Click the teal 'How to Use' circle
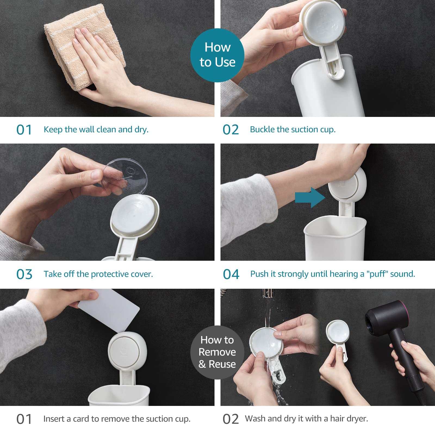pyautogui.click(x=217, y=55)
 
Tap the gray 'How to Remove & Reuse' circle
pyautogui.click(x=217, y=352)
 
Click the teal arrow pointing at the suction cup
pyautogui.click(x=310, y=197)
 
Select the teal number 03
pyautogui.click(x=24, y=274)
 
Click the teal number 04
pyautogui.click(x=231, y=274)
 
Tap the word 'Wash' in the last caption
pyautogui.click(x=255, y=418)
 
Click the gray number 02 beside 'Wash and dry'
pyautogui.click(x=231, y=419)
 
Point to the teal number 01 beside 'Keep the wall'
pyautogui.click(x=24, y=130)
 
